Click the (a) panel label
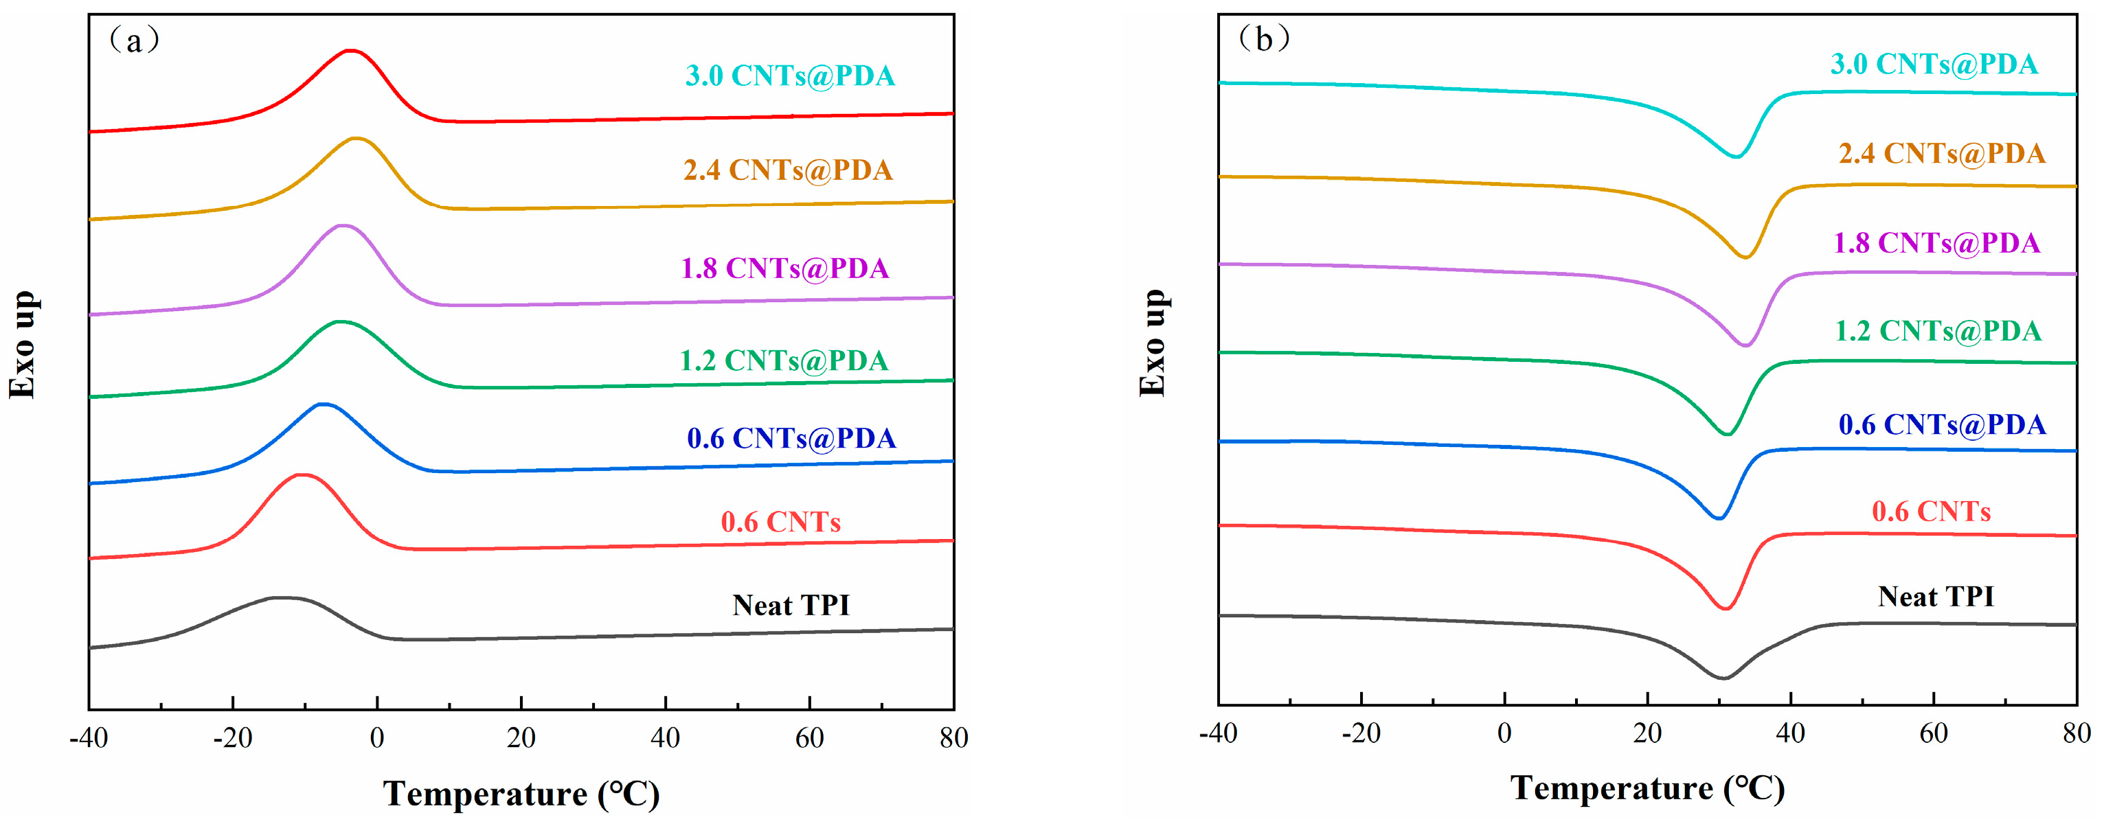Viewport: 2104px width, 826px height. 133,40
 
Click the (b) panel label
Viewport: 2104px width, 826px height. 1263,38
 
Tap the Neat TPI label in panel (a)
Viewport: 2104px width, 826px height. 791,605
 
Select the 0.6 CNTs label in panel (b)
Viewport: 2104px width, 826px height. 1931,512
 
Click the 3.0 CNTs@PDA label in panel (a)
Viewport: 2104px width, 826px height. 790,76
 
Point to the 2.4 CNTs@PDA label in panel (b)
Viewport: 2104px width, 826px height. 1941,153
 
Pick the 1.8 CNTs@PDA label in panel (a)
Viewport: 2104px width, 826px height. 785,268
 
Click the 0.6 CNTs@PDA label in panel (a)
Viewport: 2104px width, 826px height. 791,438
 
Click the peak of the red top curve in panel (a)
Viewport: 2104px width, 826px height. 350,51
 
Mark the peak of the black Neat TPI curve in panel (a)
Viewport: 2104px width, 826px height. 282,597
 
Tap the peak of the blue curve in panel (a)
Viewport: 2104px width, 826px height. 324,403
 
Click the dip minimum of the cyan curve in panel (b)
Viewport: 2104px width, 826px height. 1736,157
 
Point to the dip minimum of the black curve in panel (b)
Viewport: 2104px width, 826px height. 1723,678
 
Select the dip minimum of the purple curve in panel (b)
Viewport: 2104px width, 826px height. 1745,345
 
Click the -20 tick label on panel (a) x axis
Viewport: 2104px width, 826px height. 232,739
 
